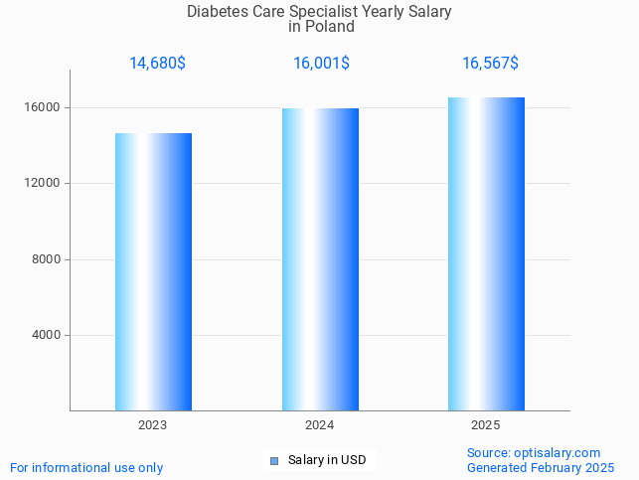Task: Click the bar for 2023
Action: coord(153,271)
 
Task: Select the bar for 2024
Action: coord(320,258)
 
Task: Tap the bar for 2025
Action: coord(486,253)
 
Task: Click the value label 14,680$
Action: coord(157,64)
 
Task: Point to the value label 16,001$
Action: coord(321,64)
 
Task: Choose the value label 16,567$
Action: coord(490,64)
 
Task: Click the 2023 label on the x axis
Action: coord(153,425)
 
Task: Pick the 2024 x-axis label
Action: coord(320,425)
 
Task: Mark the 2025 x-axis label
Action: coord(486,425)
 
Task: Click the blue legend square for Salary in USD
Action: coord(274,460)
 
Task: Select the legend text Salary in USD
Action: coord(327,460)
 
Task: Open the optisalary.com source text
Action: coord(534,453)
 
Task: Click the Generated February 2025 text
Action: coord(541,468)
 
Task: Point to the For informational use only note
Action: coord(86,468)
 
